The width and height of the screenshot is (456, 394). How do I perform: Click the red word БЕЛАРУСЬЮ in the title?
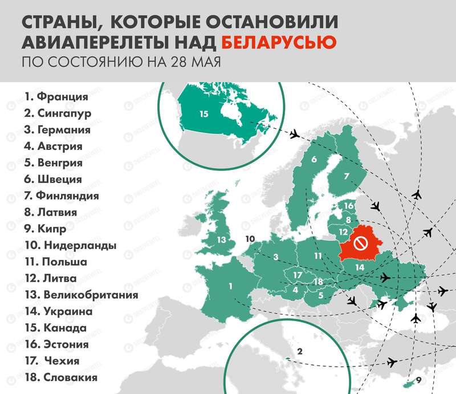[278, 42]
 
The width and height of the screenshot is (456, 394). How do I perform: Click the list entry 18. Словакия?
[60, 377]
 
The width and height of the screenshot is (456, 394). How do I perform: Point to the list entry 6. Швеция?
[53, 180]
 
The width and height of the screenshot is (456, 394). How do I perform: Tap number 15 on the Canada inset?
[204, 114]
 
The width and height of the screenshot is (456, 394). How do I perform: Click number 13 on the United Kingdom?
[221, 239]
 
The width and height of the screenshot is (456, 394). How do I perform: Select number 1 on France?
[231, 286]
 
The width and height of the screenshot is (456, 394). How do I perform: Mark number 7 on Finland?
[346, 177]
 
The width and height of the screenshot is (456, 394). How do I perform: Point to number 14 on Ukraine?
[360, 267]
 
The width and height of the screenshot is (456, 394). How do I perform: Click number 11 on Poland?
[317, 256]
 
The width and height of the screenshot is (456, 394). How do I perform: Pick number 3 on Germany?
[275, 257]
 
